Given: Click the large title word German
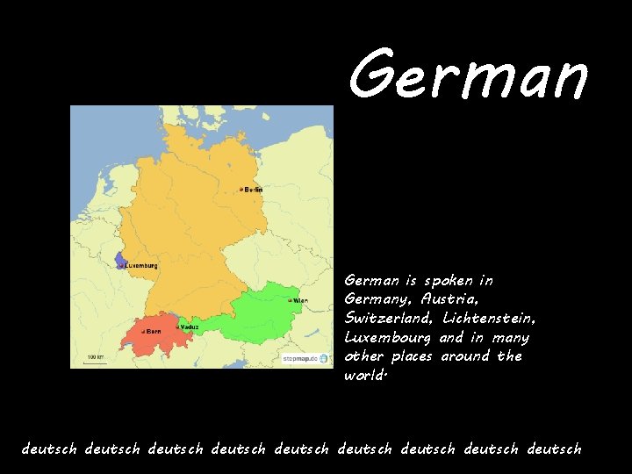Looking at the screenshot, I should click(468, 75).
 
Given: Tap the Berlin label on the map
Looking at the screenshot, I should click(254, 190).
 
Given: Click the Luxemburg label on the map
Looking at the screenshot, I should click(141, 265).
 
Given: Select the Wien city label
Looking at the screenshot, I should click(300, 300).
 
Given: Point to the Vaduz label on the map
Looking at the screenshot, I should click(189, 327).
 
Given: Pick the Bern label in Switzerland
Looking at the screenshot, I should click(154, 331).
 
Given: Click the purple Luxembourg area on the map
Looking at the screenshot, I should click(120, 261).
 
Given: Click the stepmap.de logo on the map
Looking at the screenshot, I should click(305, 358).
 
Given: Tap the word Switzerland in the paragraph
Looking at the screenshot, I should click(391, 319).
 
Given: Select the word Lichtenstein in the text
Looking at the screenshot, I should click(490, 319).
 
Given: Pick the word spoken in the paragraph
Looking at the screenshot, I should click(448, 281).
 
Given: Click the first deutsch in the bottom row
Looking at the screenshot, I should click(50, 449).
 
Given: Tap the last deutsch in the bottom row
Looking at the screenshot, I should click(554, 449).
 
